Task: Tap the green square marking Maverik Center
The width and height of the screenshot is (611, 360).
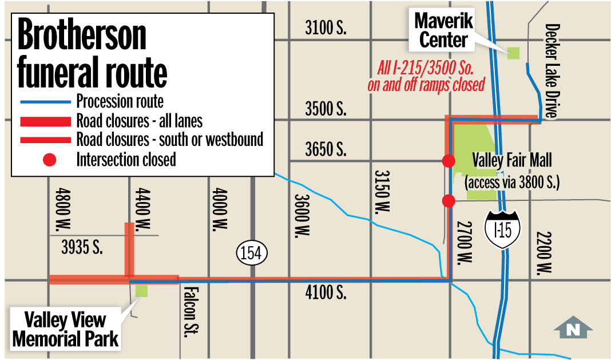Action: click(x=513, y=53)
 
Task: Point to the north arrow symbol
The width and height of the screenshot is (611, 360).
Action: click(x=573, y=328)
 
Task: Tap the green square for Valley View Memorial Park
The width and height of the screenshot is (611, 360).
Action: click(x=141, y=290)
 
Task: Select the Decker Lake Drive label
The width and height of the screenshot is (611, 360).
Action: click(x=552, y=71)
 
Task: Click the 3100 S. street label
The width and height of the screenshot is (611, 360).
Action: click(x=326, y=28)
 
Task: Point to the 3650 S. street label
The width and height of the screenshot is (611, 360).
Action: click(x=326, y=150)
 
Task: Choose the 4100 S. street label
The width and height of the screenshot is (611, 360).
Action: click(x=326, y=294)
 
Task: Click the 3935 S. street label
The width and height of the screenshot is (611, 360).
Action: click(x=81, y=248)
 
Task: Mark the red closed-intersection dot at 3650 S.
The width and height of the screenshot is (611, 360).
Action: click(x=449, y=161)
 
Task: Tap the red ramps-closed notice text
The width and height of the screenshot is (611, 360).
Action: click(x=426, y=76)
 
